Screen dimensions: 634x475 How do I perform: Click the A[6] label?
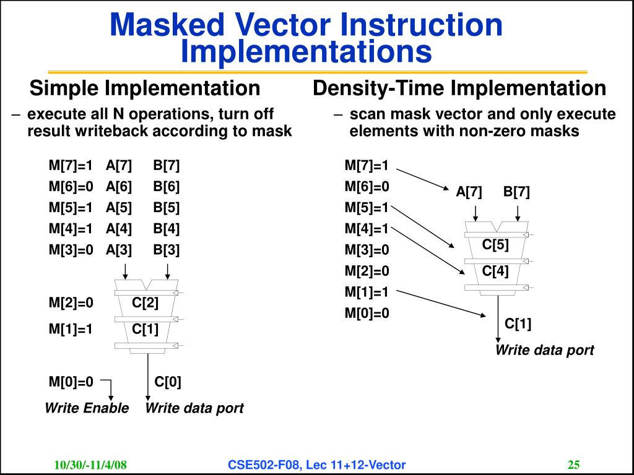click(x=118, y=186)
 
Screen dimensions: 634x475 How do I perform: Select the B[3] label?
click(x=167, y=250)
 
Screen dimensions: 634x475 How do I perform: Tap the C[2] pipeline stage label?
click(x=145, y=303)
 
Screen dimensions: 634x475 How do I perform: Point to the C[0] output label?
click(x=168, y=382)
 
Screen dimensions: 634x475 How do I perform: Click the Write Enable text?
click(x=87, y=408)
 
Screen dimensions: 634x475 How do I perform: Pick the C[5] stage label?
click(x=495, y=245)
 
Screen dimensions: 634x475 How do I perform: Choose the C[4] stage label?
click(x=495, y=271)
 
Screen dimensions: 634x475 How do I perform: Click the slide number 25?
click(x=573, y=464)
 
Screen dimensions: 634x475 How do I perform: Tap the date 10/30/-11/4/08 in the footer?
click(x=90, y=465)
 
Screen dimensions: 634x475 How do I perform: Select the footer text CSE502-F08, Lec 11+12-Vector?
click(x=316, y=464)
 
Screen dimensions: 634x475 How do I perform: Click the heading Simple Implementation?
click(x=145, y=88)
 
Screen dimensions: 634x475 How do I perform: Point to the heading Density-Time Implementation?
click(x=459, y=88)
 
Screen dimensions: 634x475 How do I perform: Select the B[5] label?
click(x=167, y=207)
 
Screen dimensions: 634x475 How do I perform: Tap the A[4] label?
click(x=118, y=228)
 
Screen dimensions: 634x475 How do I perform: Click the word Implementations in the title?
click(x=306, y=52)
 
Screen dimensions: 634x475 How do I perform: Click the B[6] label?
click(x=167, y=186)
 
